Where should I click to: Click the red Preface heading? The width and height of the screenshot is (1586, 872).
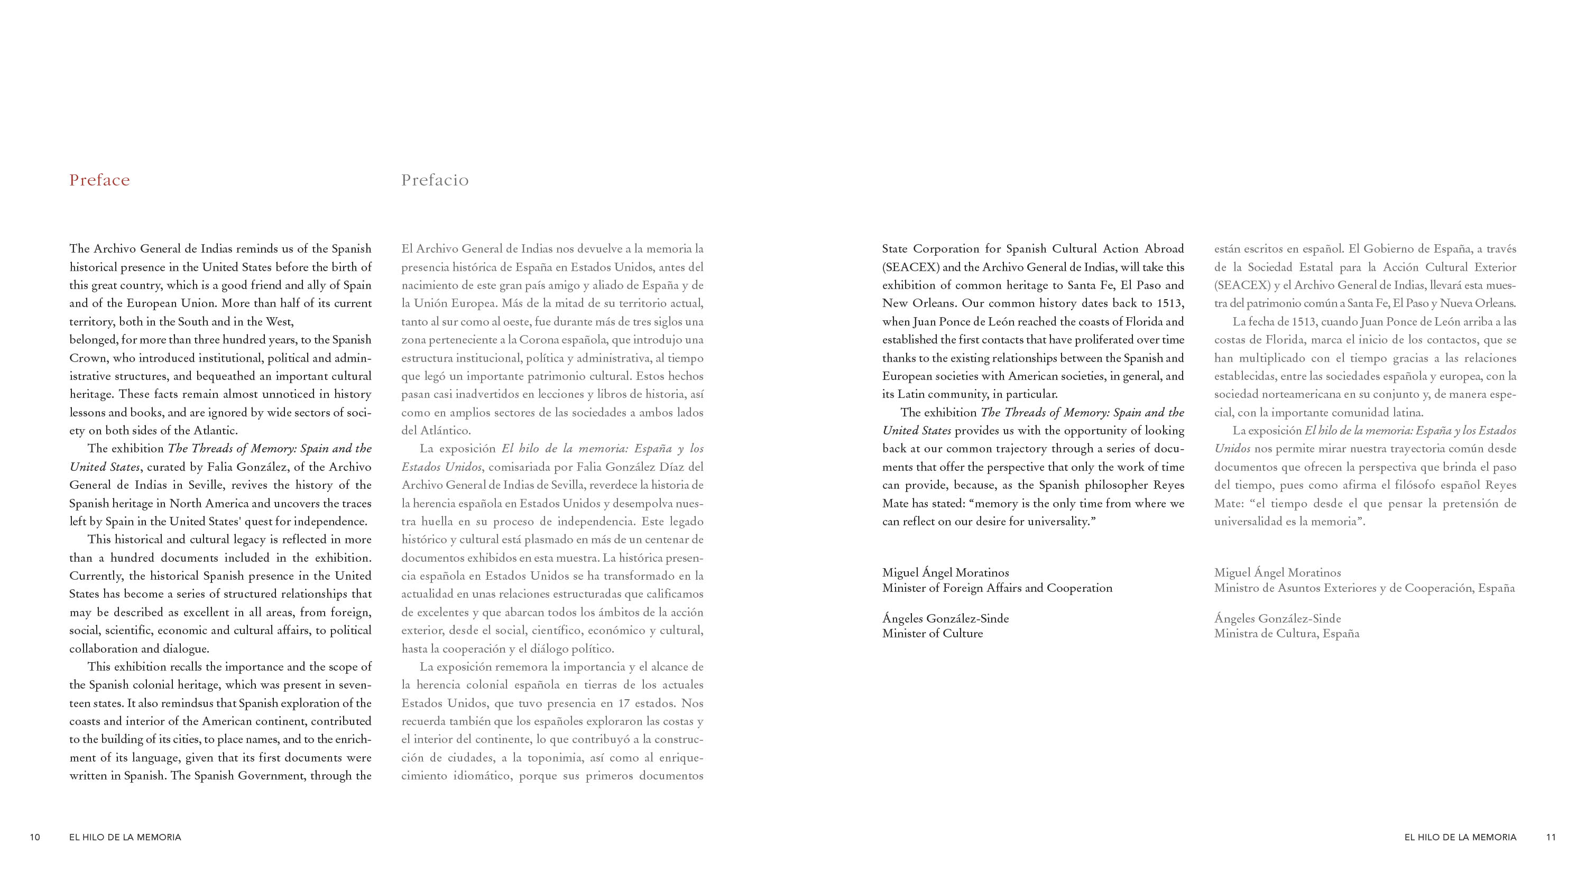100,180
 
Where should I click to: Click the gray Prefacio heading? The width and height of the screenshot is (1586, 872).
435,180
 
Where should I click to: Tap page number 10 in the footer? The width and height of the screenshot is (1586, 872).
35,837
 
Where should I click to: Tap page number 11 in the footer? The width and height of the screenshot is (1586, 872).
1551,837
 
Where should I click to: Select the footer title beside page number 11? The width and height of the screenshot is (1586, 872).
1460,837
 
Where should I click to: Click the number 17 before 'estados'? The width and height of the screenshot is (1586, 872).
624,703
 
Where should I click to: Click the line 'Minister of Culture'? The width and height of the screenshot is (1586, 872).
932,633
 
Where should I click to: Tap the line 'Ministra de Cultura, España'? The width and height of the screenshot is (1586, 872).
1286,633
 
